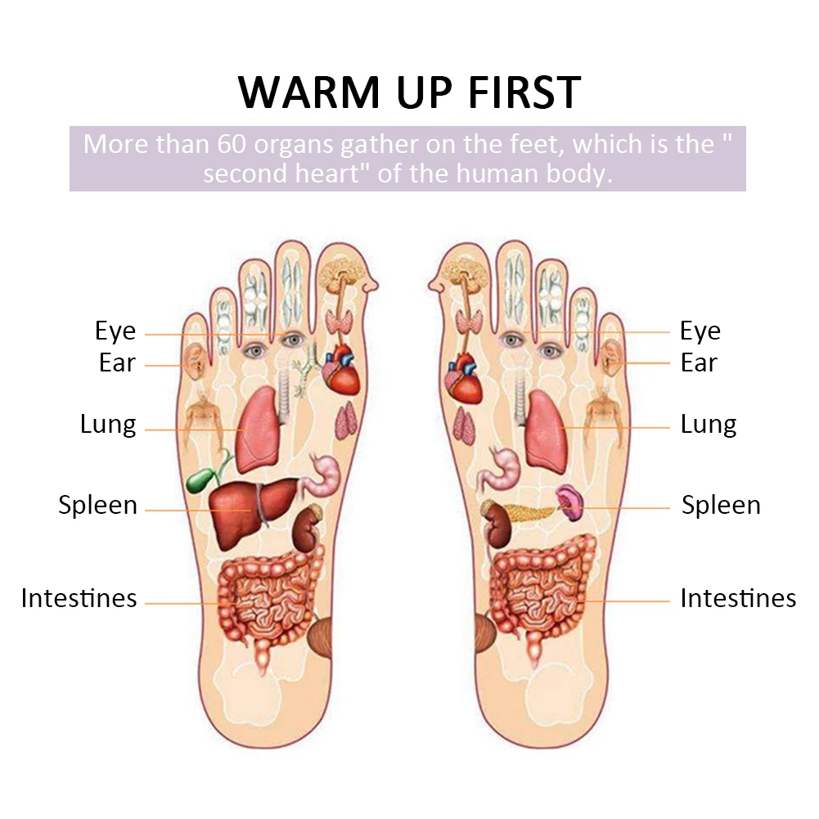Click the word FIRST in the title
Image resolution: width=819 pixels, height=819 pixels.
[525, 92]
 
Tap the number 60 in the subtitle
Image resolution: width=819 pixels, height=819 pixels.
[232, 144]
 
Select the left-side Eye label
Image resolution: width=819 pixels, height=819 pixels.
[115, 331]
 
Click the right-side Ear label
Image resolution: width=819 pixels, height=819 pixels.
[699, 362]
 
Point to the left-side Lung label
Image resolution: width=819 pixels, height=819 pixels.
[108, 425]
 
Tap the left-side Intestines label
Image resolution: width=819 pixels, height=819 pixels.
[79, 598]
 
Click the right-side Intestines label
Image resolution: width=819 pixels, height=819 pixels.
[738, 598]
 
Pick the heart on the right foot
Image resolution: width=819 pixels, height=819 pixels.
[464, 378]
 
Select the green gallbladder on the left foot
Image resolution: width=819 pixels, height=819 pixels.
[204, 476]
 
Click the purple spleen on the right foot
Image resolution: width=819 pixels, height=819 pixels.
[569, 502]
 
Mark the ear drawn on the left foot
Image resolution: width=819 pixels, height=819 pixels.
[194, 358]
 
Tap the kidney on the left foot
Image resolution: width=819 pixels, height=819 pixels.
[307, 529]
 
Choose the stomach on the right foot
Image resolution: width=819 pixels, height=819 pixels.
[498, 470]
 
